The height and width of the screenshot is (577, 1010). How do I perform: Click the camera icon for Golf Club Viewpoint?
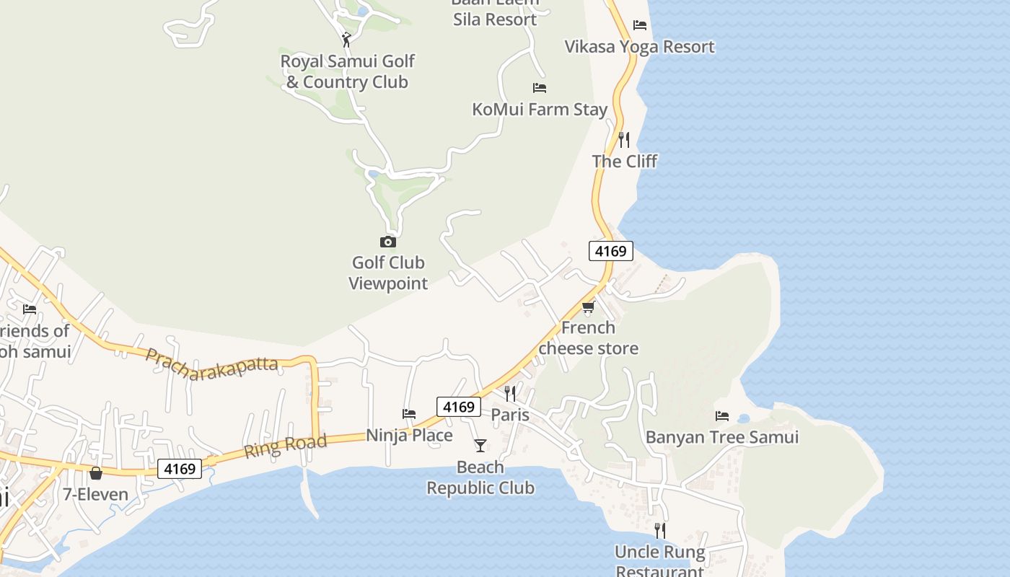388,242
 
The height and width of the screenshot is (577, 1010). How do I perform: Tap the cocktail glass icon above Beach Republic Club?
480,445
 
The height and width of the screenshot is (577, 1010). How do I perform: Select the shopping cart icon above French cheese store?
588,308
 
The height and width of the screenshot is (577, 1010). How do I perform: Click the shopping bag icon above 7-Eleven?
96,473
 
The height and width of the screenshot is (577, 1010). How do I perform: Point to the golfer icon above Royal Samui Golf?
347,40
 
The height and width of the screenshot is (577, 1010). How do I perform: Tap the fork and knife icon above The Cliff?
624,139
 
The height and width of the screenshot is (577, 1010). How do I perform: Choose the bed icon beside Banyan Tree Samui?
722,415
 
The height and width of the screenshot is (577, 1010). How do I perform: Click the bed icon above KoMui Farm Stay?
540,88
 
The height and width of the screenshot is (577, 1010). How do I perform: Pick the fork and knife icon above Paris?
510,393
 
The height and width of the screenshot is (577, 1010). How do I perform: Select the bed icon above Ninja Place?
409,414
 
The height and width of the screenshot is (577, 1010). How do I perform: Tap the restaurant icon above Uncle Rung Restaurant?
659,531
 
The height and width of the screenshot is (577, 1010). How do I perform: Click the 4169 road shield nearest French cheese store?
611,251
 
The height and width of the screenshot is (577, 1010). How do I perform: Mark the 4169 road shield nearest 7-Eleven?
180,469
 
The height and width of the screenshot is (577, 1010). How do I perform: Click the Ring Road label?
285,446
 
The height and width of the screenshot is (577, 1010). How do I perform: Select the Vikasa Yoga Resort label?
639,47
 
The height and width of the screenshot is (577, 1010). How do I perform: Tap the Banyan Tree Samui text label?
722,437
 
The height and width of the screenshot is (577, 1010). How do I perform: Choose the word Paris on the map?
510,415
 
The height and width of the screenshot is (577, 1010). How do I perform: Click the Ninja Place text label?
409,436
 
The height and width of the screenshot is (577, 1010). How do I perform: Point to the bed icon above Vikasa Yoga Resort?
640,25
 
